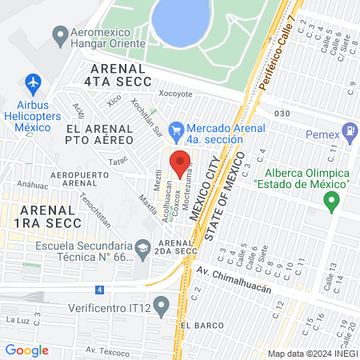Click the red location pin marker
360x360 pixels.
tap(179, 163)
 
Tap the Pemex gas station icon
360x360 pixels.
tap(349, 130)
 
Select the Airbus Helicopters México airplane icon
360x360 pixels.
tap(33, 82)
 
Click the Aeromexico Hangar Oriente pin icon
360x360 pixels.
tap(59, 35)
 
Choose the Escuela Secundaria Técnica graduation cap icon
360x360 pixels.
tap(142, 247)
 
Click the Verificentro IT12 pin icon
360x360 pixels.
tap(162, 305)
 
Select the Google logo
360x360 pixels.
tap(26, 350)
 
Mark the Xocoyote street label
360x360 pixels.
tap(175, 94)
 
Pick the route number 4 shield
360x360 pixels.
tap(99, 289)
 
